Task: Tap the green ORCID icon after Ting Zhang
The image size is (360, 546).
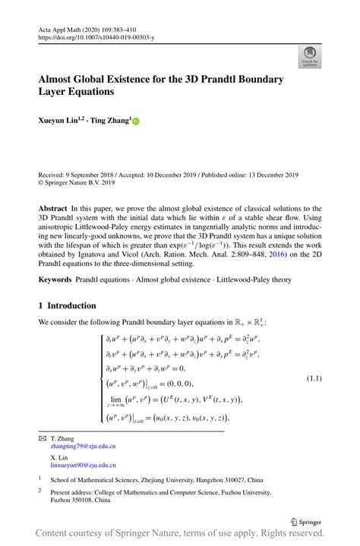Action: tap(136, 121)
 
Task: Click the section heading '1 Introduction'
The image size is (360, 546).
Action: tap(67, 305)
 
